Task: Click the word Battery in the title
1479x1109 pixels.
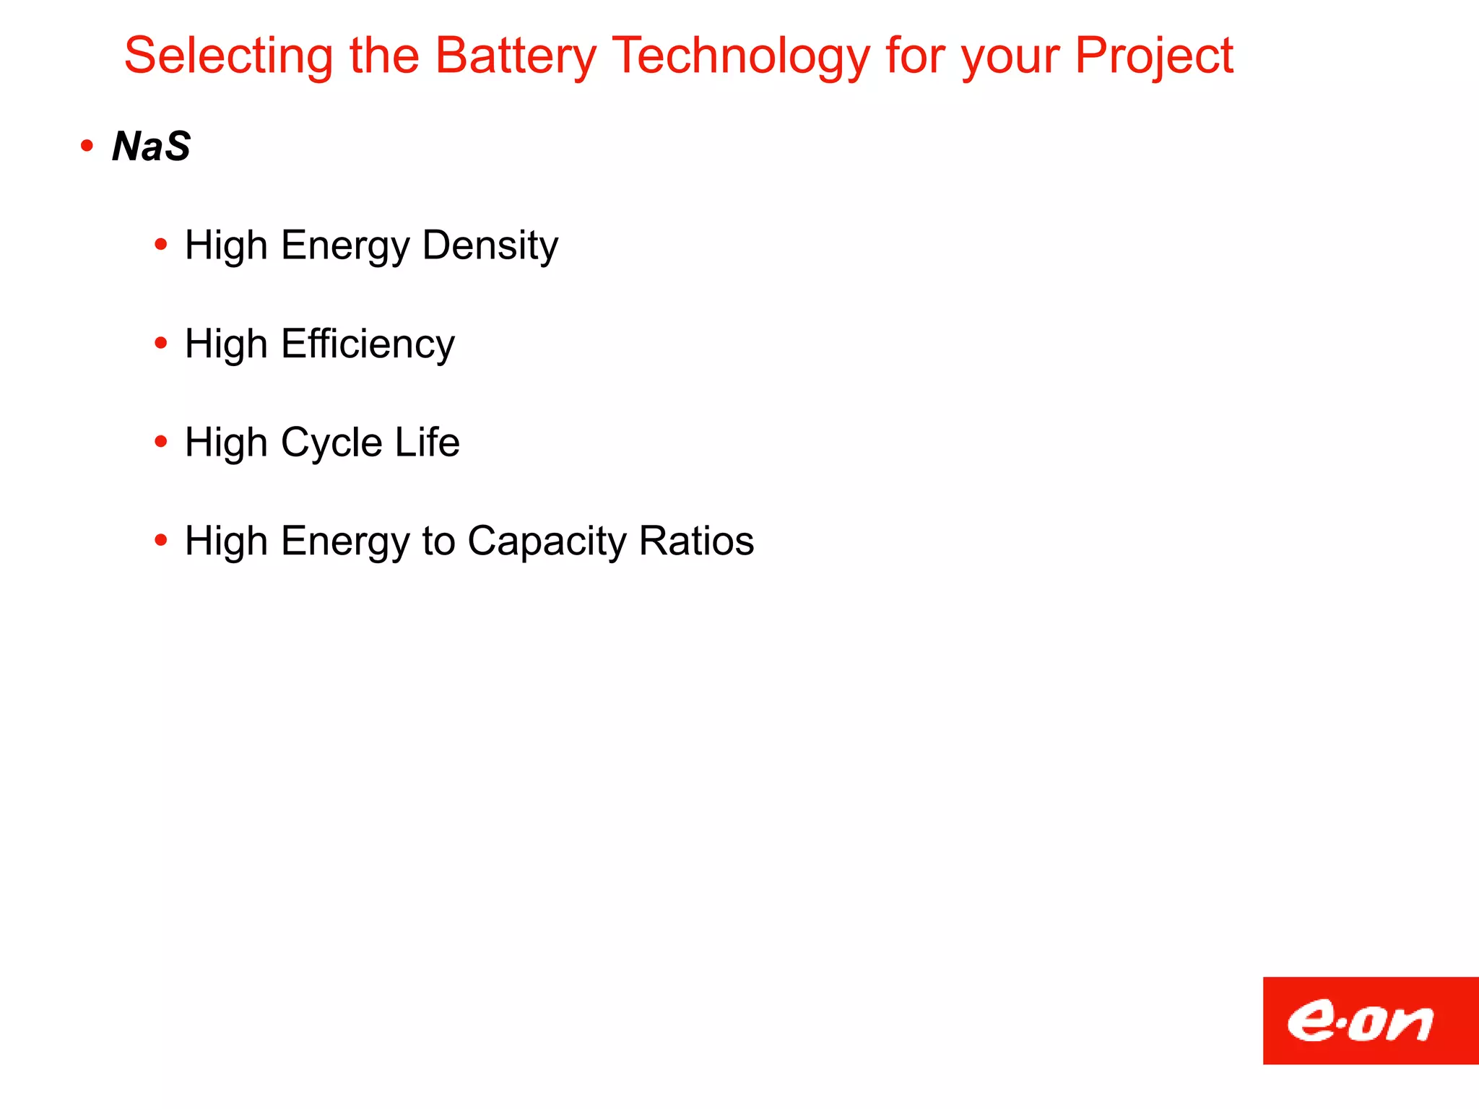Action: [x=516, y=56]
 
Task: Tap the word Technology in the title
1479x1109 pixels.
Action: [x=741, y=56]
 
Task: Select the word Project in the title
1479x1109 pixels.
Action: [x=1154, y=56]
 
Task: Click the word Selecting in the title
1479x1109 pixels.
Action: [x=229, y=56]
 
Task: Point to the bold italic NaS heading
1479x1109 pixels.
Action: [x=152, y=147]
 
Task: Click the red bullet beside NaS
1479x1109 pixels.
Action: [x=87, y=147]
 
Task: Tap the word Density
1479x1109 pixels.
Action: [x=490, y=246]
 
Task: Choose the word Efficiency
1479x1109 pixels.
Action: [x=368, y=344]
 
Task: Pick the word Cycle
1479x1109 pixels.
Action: [x=331, y=443]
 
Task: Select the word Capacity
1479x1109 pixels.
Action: [x=547, y=542]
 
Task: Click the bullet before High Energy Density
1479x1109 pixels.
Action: [x=161, y=245]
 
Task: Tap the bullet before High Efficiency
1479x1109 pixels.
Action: [x=161, y=344]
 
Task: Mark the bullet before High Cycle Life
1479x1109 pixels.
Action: [x=161, y=442]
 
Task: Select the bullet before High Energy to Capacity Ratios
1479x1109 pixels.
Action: [x=161, y=540]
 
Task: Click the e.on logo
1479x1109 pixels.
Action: [x=1370, y=1020]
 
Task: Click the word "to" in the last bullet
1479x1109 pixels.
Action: [x=438, y=542]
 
